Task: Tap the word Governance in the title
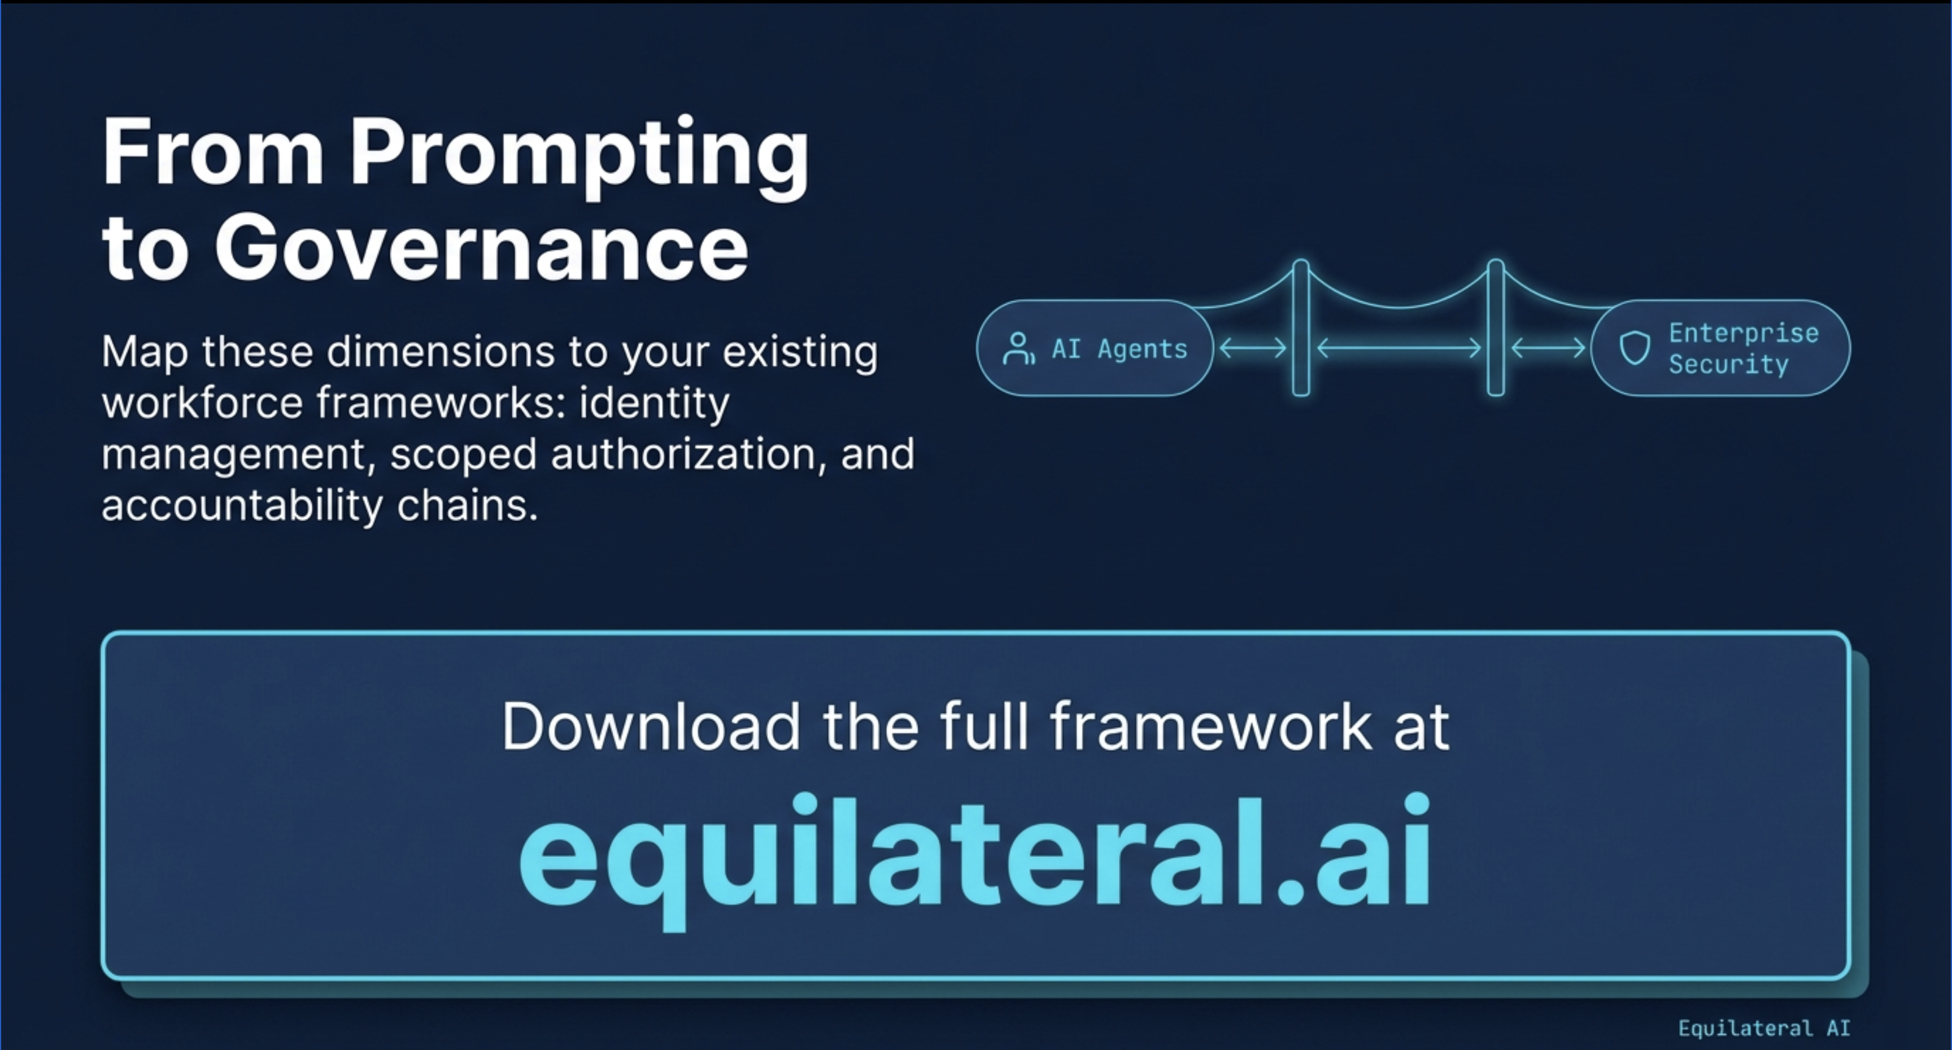click(482, 248)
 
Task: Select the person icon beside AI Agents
click(1018, 349)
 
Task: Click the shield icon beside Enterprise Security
click(1635, 348)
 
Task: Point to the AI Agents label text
click(1119, 349)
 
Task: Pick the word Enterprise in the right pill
click(1744, 333)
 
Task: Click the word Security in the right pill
click(1728, 364)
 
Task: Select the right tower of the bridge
click(1496, 328)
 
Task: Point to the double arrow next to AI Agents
click(1253, 348)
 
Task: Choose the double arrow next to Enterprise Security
click(1548, 348)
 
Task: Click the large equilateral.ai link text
click(975, 852)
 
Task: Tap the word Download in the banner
click(651, 727)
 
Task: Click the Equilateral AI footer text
click(1764, 1028)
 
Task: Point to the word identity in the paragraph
click(654, 403)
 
